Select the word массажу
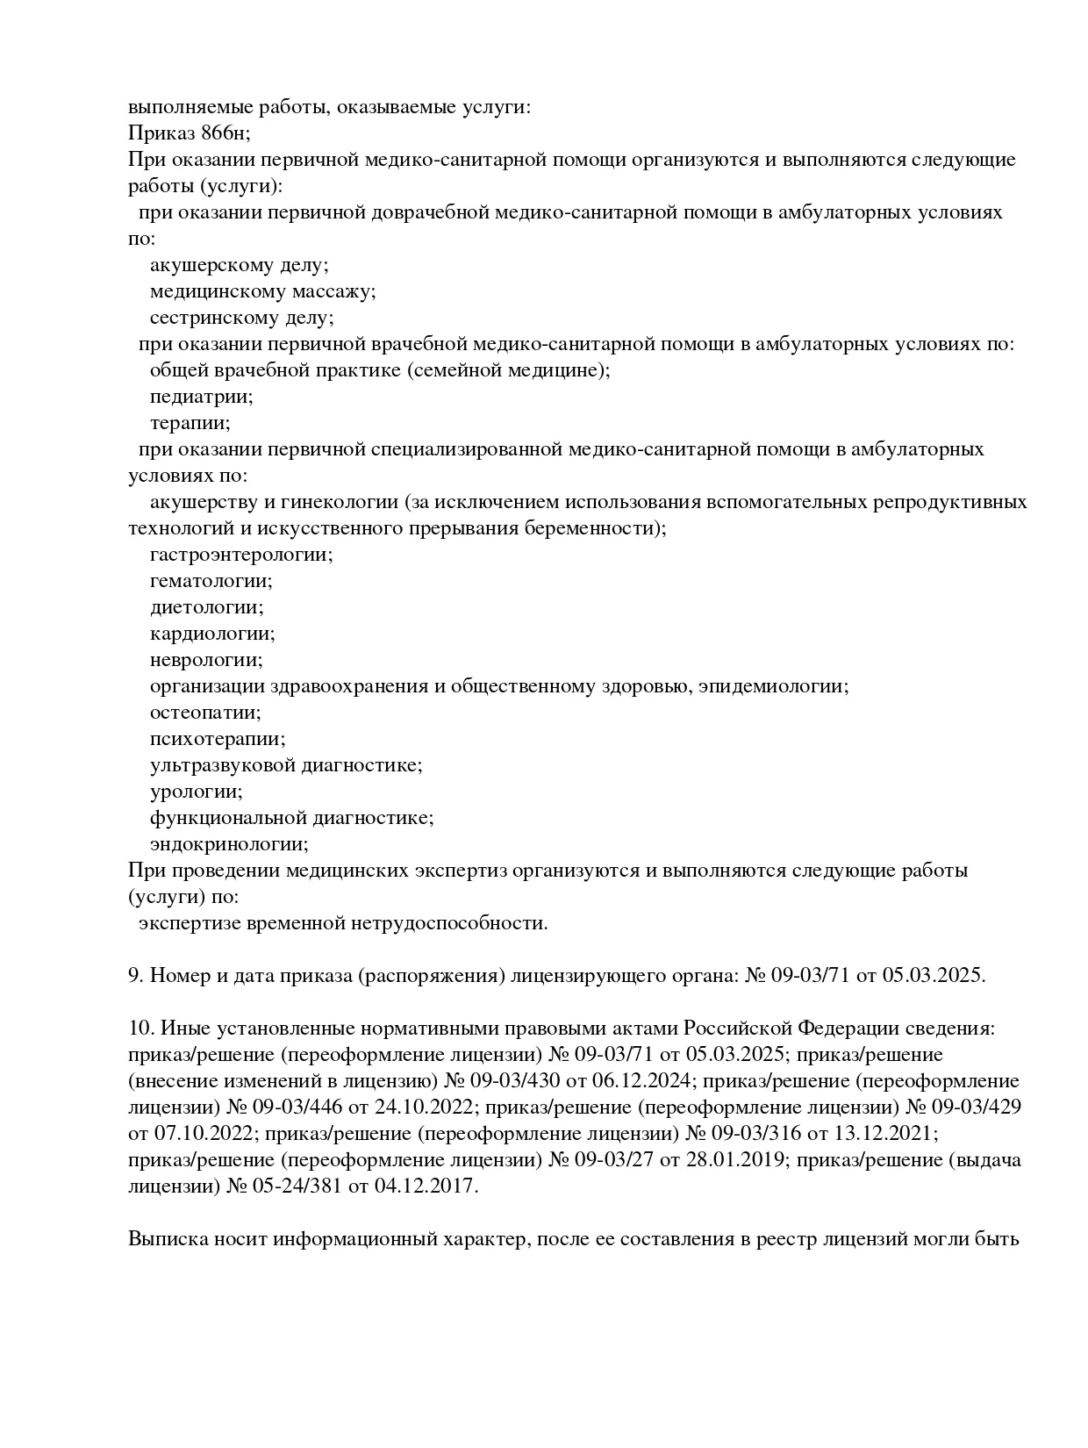pos(333,291)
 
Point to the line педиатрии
pos(201,397)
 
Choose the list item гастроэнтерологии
pos(241,555)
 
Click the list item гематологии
pos(211,581)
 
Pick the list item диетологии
pos(206,607)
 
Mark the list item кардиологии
pos(211,634)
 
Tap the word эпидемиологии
pos(773,686)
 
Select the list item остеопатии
pos(205,713)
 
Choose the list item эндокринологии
pos(229,844)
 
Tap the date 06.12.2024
pos(646,1081)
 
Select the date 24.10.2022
pos(429,1108)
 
